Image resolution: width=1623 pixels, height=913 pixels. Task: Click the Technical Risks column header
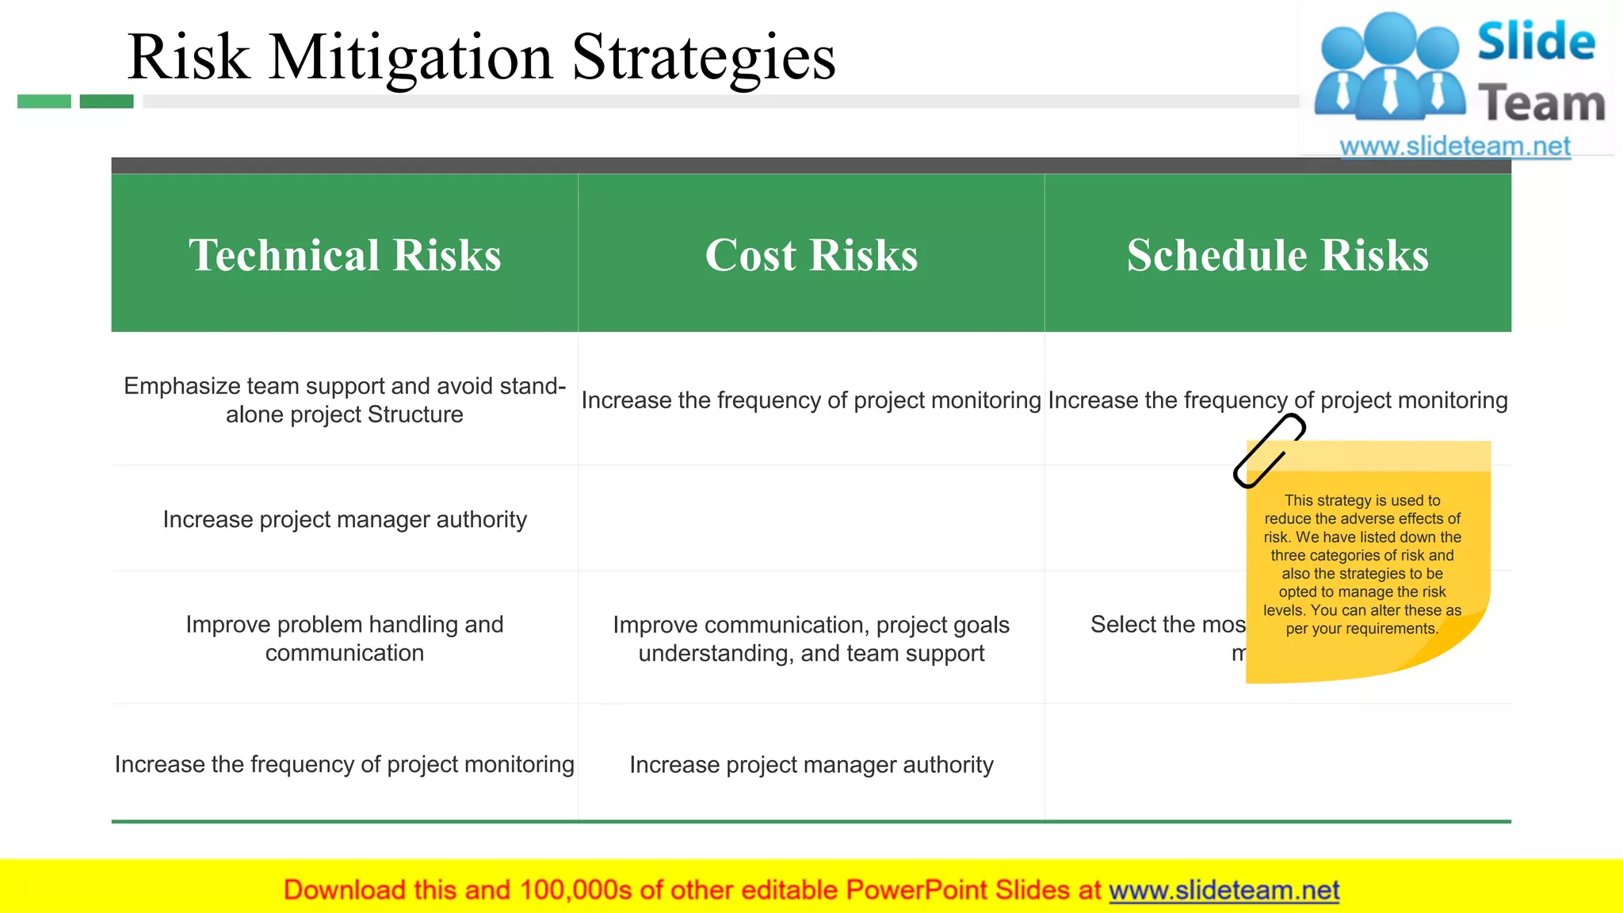click(345, 254)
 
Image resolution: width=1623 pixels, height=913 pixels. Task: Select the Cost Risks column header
click(811, 254)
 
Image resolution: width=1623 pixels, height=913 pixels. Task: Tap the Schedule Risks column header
click(1277, 254)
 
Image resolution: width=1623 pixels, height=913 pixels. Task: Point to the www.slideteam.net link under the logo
click(1454, 146)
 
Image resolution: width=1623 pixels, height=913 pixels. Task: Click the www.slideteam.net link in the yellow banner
click(1224, 890)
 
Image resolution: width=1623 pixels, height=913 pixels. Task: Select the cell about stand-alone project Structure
click(345, 400)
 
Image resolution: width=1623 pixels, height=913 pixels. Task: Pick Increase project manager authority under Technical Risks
click(345, 519)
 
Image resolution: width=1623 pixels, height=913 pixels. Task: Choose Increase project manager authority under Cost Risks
click(811, 765)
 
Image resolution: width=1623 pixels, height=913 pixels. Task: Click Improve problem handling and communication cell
click(345, 638)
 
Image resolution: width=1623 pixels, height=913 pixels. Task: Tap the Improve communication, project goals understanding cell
click(811, 638)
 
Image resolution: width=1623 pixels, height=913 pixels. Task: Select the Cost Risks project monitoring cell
click(811, 400)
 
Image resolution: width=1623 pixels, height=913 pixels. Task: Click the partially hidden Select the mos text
click(1167, 625)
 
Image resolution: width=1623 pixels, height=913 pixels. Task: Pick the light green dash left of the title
click(44, 101)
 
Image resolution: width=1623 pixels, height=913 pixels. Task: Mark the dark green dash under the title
click(106, 101)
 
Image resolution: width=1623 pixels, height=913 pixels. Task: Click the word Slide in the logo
click(1536, 42)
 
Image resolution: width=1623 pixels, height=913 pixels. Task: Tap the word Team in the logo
click(1541, 104)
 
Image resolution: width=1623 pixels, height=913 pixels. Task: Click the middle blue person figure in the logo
click(1390, 67)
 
